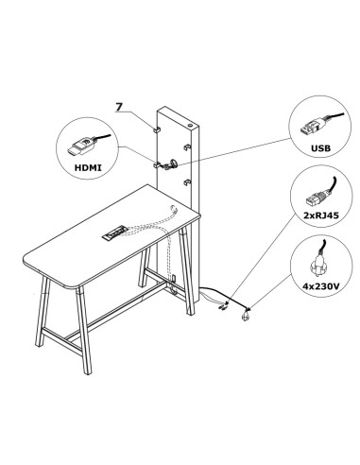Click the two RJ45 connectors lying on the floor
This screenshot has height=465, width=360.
224,304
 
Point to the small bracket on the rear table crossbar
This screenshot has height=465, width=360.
176,278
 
